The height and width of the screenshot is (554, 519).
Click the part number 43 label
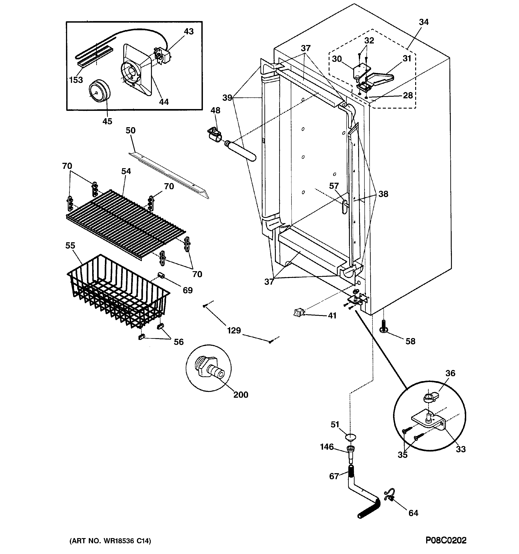point(189,32)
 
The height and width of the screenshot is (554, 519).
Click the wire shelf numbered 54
point(125,220)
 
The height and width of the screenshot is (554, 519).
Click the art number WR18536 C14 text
point(110,541)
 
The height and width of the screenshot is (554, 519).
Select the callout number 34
point(423,22)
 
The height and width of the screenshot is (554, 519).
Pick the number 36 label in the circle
point(450,373)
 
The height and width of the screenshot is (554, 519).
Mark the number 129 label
point(234,330)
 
